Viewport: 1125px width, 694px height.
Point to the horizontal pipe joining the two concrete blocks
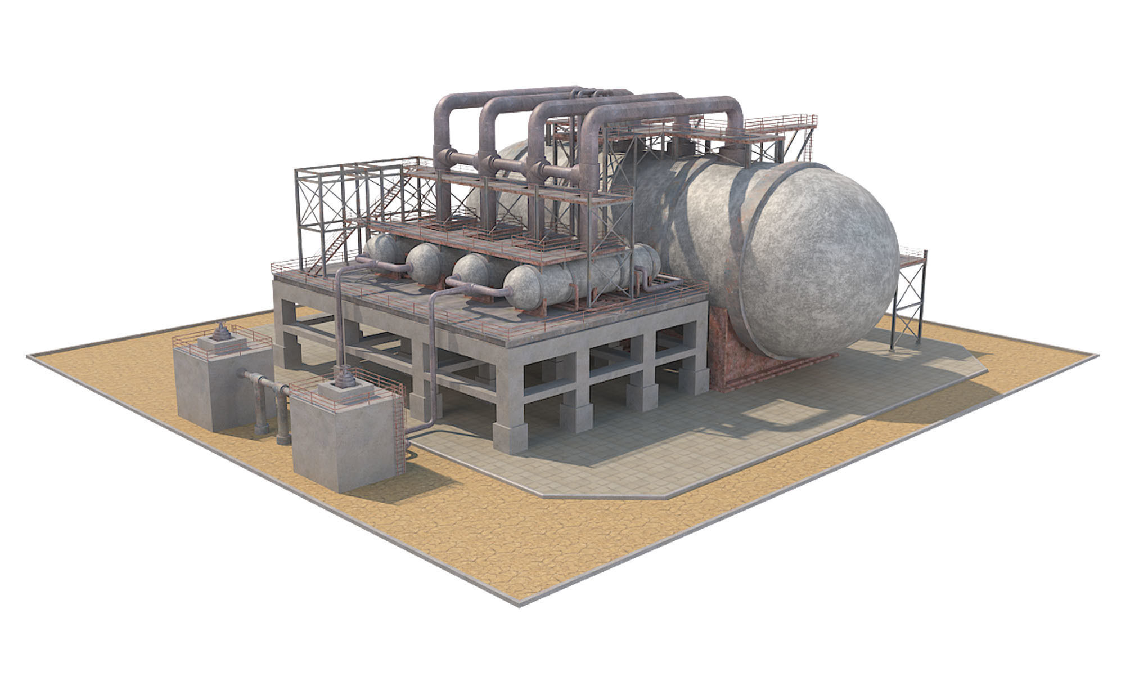coord(264,383)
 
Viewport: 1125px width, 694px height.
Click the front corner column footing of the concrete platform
coord(510,438)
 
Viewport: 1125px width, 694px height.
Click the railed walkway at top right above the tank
coord(782,127)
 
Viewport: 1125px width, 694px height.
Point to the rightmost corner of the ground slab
coord(1096,356)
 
